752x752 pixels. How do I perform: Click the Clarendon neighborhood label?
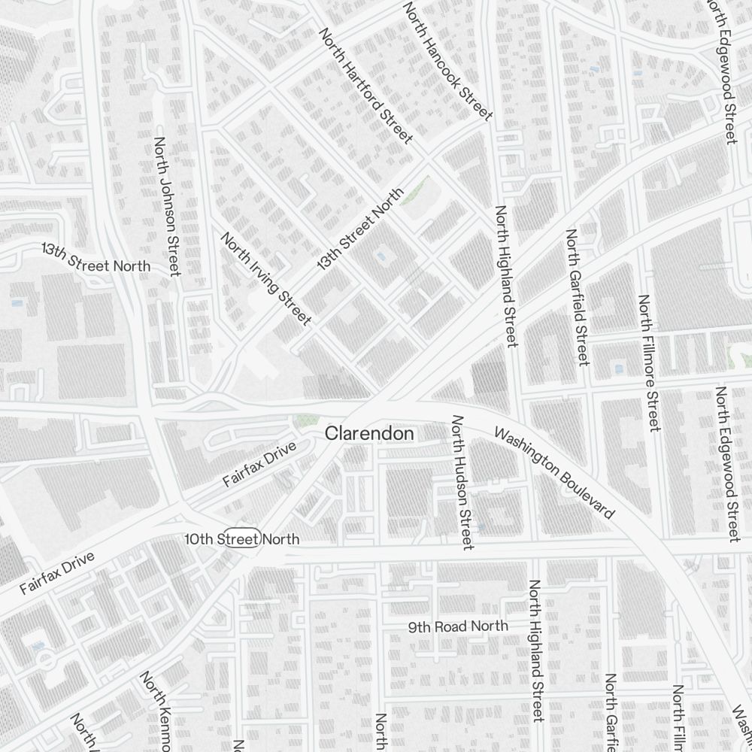point(369,434)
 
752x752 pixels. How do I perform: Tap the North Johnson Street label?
point(167,206)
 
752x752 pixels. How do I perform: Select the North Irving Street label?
point(265,279)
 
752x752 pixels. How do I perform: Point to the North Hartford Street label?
point(366,86)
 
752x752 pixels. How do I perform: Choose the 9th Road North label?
point(458,626)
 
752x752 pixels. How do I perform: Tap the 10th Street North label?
point(242,539)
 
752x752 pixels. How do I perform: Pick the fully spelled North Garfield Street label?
point(576,296)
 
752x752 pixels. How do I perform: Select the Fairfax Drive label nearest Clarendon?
point(260,465)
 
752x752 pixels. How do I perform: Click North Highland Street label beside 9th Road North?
point(537,650)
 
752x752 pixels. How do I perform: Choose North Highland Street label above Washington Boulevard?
point(505,276)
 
